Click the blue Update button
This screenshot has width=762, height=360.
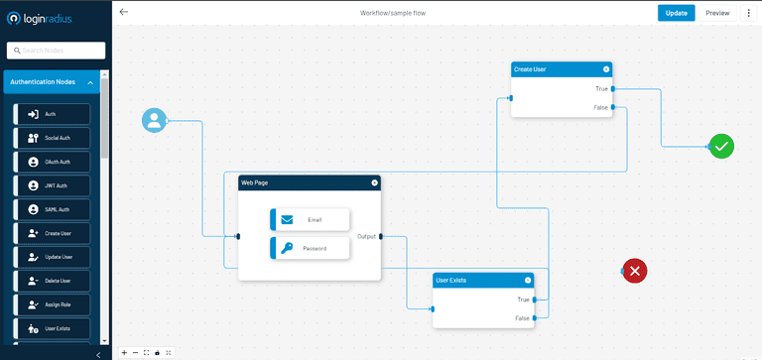tap(676, 13)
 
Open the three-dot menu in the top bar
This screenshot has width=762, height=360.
tap(749, 13)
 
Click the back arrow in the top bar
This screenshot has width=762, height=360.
tap(123, 13)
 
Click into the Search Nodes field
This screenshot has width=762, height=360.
tap(56, 51)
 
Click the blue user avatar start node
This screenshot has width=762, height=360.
tap(154, 120)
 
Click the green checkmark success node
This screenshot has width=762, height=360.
tap(721, 147)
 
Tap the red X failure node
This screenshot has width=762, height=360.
tap(635, 270)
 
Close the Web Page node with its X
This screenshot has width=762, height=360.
tap(374, 182)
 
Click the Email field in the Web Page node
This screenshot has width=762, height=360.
tap(310, 219)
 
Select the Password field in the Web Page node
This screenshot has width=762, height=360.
tap(310, 248)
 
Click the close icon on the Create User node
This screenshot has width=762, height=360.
tap(606, 69)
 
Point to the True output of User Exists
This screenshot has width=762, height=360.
tap(533, 299)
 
